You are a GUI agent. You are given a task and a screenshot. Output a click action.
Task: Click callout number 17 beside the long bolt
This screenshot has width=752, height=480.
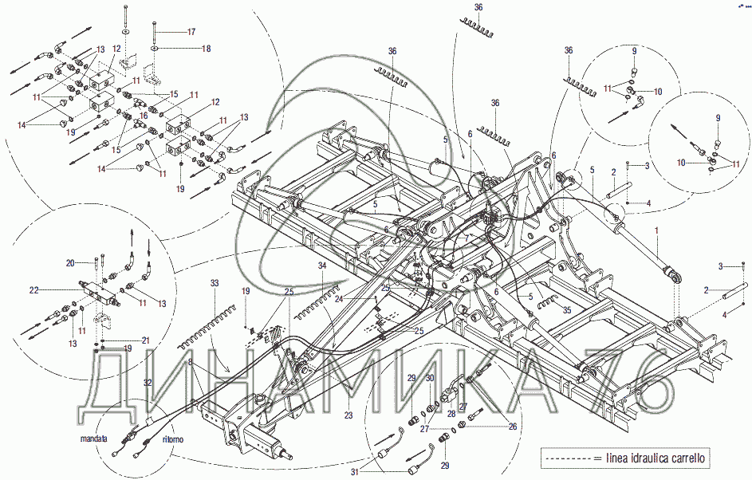pos(191,32)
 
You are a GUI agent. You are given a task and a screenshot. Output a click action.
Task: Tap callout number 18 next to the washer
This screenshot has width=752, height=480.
pos(206,49)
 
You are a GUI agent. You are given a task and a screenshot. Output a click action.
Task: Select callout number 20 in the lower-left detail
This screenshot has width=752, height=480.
pos(69,262)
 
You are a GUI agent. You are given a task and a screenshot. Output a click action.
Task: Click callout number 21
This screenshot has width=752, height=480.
pos(146,340)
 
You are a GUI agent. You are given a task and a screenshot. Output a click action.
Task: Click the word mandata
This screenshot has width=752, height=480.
pos(93,439)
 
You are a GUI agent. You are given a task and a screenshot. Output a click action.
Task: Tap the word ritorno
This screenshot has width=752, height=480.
pos(173,439)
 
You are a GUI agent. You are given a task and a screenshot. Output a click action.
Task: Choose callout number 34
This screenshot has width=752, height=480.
pos(321,265)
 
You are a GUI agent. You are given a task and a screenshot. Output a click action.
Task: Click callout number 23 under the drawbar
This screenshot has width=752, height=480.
pos(348,415)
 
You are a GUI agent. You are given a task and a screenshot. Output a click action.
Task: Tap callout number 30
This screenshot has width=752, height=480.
pos(429,378)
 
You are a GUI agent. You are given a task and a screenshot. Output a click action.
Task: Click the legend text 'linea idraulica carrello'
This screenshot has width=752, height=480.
pos(656,458)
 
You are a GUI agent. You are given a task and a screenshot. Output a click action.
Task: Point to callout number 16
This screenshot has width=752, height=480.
pos(144,116)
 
